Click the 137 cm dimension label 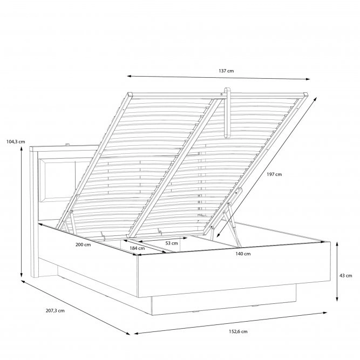coord(226,71)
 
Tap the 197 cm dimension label coord(274,174)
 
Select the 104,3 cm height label coord(16,141)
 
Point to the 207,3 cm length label coord(55,311)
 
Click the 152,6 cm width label coord(238,331)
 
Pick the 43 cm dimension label coord(346,275)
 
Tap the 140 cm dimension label coord(243,254)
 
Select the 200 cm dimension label coord(83,244)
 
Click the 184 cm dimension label coord(137,248)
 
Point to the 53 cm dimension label coord(172,243)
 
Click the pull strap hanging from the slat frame coord(228,113)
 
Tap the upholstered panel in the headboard coord(57,180)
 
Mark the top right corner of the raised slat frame coord(306,93)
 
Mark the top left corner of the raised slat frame coord(130,93)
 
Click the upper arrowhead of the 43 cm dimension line coord(337,243)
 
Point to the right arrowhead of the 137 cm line coord(308,79)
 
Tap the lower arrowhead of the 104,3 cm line coord(22,275)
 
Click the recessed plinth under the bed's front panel coord(224,300)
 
